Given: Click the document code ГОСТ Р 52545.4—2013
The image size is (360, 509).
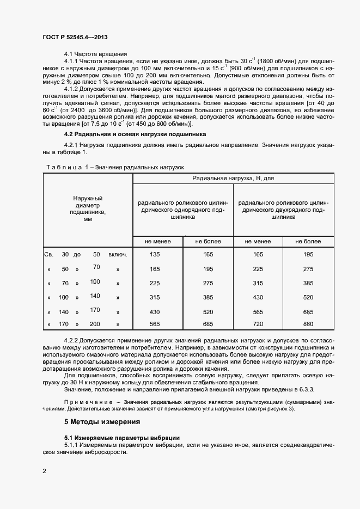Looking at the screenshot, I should (x=79, y=37).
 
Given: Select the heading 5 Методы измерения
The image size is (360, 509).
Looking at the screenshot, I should (x=102, y=421).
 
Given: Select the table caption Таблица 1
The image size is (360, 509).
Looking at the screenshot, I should (x=66, y=167).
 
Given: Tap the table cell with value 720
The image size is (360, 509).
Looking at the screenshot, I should (x=258, y=324).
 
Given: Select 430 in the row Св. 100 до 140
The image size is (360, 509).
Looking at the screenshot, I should (x=258, y=297).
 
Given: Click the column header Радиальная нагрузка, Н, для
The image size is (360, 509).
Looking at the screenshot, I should (x=233, y=178).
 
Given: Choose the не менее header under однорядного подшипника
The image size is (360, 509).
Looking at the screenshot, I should (x=157, y=241).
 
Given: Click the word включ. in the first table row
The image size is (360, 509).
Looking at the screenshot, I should (x=118, y=254).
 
